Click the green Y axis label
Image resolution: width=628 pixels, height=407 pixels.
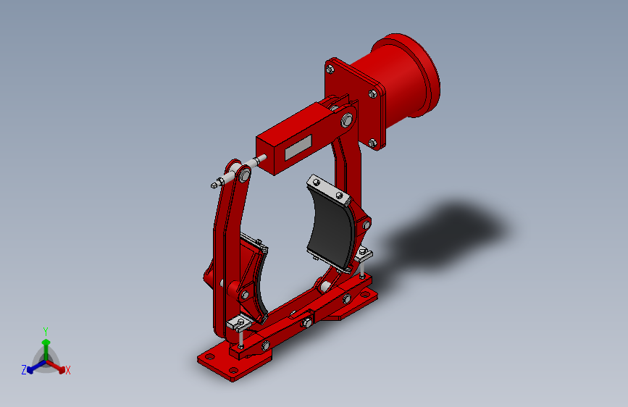[46, 330]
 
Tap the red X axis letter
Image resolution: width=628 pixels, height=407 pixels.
[68, 370]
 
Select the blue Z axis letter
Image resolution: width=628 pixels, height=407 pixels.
[24, 370]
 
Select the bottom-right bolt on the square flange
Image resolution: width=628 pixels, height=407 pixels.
[372, 143]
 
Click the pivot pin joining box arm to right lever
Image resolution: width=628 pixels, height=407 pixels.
[346, 117]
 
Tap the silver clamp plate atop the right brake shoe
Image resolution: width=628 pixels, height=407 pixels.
[326, 188]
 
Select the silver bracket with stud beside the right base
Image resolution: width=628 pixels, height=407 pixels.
[362, 254]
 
